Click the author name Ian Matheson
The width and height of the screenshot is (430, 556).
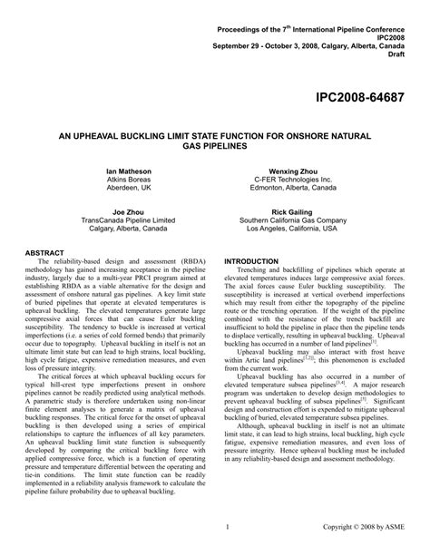[x=125, y=171]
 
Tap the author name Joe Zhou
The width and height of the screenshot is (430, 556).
[x=125, y=210]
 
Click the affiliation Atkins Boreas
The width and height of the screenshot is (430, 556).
[x=125, y=180]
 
